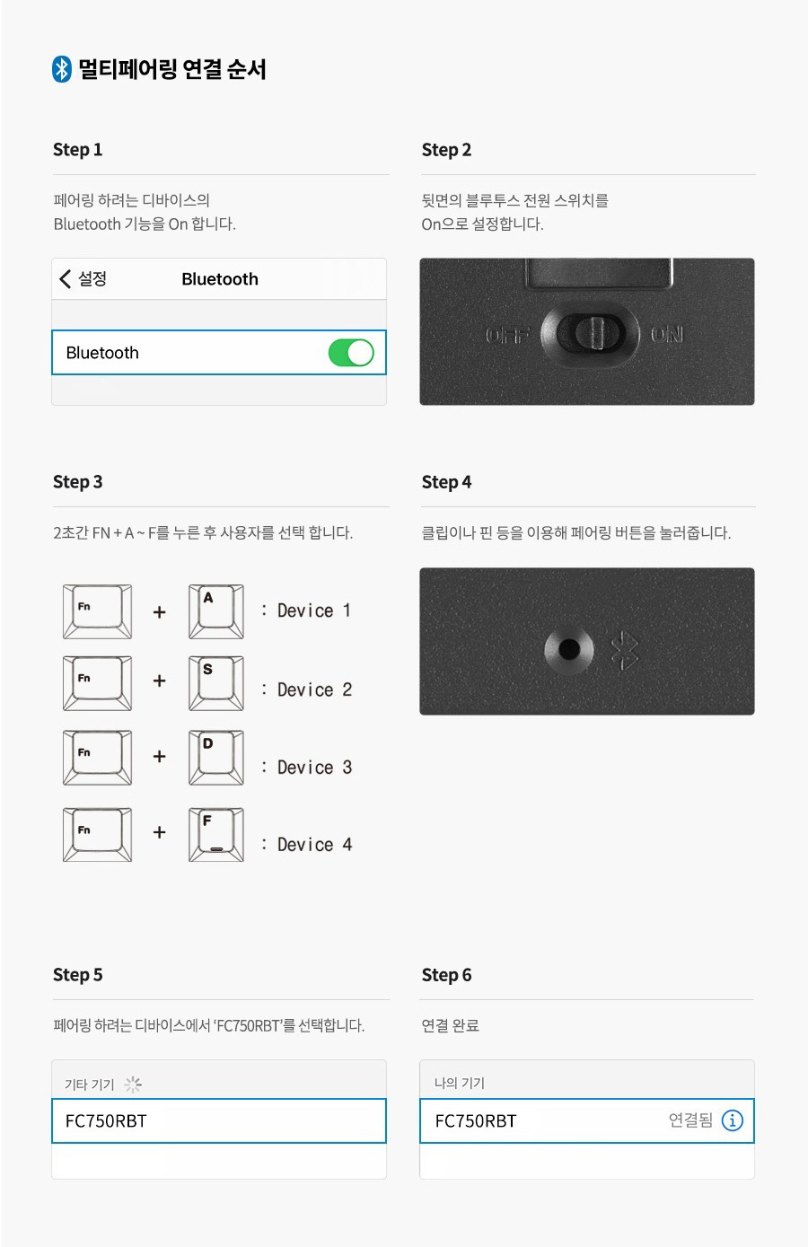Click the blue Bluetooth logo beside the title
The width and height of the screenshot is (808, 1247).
pyautogui.click(x=62, y=69)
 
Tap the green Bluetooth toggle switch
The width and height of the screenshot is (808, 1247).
pyautogui.click(x=351, y=353)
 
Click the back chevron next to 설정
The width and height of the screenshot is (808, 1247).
pyautogui.click(x=66, y=279)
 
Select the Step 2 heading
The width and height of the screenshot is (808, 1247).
pyautogui.click(x=446, y=150)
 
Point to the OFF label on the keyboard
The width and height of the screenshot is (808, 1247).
pyautogui.click(x=506, y=335)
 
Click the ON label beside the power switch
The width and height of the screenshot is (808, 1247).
pyautogui.click(x=666, y=335)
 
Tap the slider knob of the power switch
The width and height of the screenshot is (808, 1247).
pyautogui.click(x=596, y=332)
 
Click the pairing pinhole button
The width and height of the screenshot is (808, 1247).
pyautogui.click(x=569, y=648)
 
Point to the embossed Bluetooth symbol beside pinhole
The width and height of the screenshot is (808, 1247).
pyautogui.click(x=624, y=650)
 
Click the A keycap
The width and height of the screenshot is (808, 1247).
pyautogui.click(x=216, y=611)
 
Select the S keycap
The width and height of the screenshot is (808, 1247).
pyautogui.click(x=216, y=683)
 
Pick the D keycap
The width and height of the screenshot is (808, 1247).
pyautogui.click(x=216, y=758)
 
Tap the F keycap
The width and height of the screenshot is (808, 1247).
pyautogui.click(x=216, y=835)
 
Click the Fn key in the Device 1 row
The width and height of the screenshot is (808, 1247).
pyautogui.click(x=98, y=611)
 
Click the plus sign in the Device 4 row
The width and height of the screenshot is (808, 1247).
pyautogui.click(x=159, y=832)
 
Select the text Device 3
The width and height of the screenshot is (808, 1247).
pyautogui.click(x=314, y=768)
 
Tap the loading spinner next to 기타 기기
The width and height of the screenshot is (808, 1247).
pyautogui.click(x=133, y=1084)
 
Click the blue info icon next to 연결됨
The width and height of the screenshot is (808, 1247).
pyautogui.click(x=732, y=1120)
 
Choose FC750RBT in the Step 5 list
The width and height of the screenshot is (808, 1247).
pyautogui.click(x=106, y=1120)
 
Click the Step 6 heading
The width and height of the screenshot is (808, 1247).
pyautogui.click(x=446, y=975)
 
